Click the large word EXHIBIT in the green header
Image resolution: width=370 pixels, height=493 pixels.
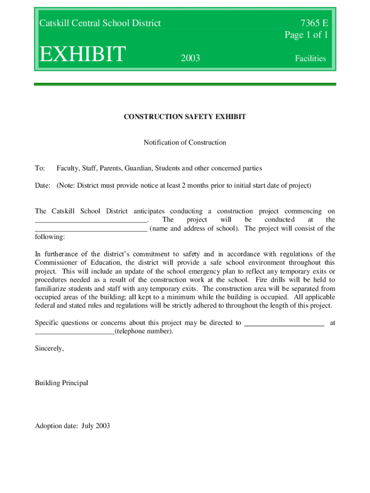[x=82, y=54]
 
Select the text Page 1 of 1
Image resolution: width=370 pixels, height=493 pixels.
[x=307, y=35]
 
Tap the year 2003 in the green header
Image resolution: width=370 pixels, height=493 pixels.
[x=190, y=59]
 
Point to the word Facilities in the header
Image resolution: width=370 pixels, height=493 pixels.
[x=310, y=59]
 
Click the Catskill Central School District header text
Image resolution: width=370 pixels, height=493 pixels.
[x=100, y=23]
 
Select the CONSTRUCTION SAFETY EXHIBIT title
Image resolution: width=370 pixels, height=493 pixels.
[x=185, y=117]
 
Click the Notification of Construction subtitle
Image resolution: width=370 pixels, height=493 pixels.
[x=185, y=143]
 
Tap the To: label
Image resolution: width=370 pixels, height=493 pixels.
[x=40, y=169]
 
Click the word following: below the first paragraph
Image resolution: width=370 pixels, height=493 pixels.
[x=49, y=237]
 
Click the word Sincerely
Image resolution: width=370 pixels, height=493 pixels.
[x=49, y=348]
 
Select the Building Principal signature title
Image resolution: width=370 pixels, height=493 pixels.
[x=62, y=383]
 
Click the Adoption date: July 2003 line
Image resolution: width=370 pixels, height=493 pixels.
[x=73, y=426]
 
